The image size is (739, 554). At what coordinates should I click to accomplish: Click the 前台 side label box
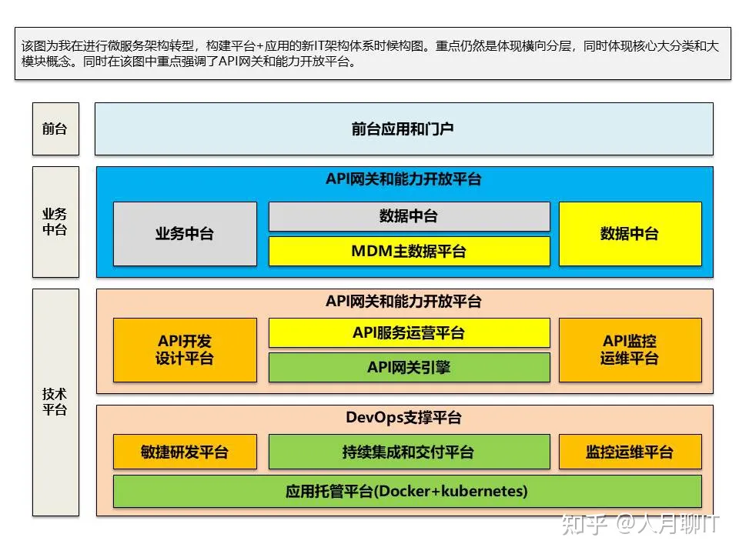click(55, 128)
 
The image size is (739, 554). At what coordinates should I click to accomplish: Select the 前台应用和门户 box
click(403, 128)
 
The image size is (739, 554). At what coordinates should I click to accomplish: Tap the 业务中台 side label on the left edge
click(55, 222)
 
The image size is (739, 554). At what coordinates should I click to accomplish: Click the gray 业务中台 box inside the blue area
click(185, 234)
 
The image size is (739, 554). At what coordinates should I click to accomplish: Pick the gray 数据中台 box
click(409, 216)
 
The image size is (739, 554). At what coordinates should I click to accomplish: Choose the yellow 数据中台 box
click(630, 234)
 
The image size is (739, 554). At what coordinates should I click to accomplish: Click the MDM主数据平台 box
click(409, 251)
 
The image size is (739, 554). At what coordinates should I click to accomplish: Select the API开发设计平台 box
click(185, 350)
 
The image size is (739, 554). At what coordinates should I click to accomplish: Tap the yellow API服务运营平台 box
click(409, 332)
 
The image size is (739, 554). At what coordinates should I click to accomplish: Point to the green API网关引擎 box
click(409, 367)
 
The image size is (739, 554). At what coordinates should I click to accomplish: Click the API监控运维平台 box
click(630, 350)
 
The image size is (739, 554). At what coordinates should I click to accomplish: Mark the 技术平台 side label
click(55, 402)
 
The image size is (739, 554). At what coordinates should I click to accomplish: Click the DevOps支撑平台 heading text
click(403, 418)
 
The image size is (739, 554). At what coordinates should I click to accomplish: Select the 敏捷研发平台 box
click(185, 452)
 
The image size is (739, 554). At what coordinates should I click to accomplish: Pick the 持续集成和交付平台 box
click(409, 452)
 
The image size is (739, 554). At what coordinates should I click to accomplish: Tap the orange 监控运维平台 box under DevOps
click(630, 452)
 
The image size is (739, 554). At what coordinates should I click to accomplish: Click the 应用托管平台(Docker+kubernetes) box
click(407, 491)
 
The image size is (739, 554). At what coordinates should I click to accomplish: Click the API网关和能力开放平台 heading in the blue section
click(403, 179)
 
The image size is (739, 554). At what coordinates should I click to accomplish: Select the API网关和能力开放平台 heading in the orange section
click(403, 301)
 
